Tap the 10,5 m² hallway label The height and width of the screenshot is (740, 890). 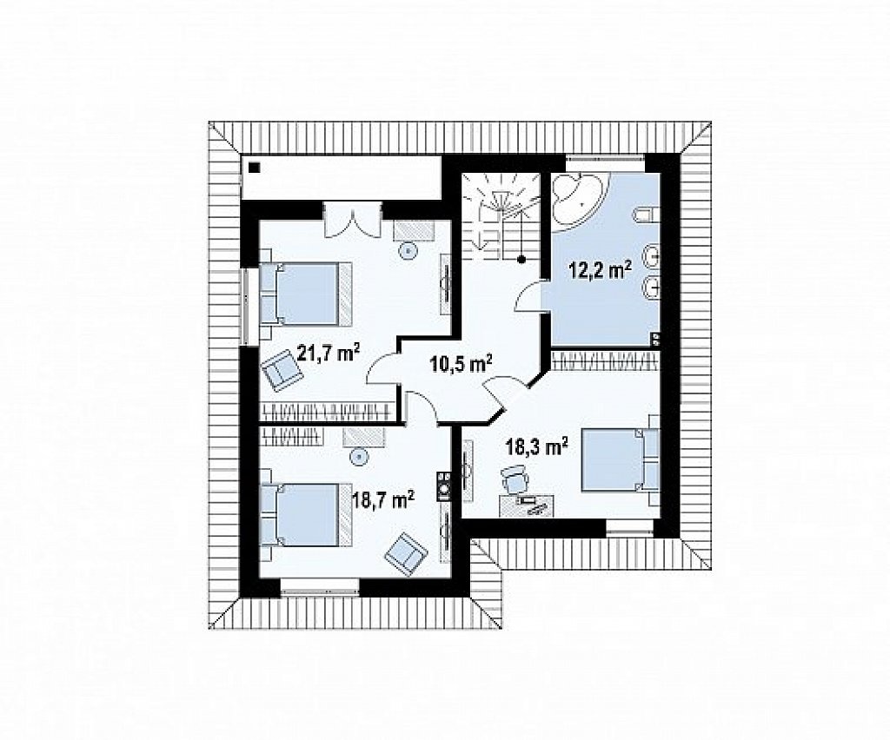coord(460,363)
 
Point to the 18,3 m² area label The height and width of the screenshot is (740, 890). coord(537,446)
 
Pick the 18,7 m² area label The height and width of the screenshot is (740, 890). coord(383,500)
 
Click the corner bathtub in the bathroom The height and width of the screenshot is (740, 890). coord(578,200)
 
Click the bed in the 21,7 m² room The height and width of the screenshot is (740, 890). coord(306,294)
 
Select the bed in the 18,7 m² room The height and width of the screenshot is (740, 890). coord(306,515)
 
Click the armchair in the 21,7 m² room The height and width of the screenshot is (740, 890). coord(281,369)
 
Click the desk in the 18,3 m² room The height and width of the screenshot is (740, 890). coord(526,505)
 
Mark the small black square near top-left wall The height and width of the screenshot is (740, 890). coord(255,168)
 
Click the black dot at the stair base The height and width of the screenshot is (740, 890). coord(521,259)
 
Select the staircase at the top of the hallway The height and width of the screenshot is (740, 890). coord(501,215)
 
